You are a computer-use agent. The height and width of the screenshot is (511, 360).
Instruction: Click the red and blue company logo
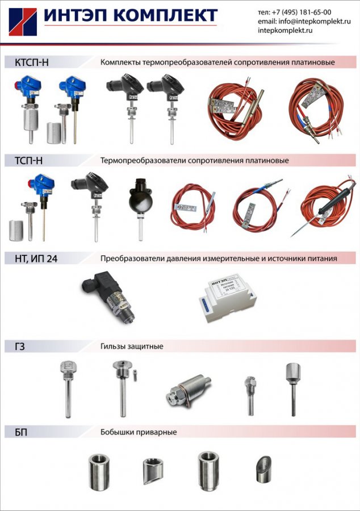tap(23, 22)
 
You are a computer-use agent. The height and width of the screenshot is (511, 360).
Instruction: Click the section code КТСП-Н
tap(32, 62)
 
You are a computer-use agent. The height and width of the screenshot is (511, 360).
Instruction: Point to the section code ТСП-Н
tap(28, 161)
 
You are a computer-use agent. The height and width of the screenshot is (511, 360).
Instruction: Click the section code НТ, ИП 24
tap(36, 259)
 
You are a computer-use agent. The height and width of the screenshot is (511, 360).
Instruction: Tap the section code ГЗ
tap(20, 346)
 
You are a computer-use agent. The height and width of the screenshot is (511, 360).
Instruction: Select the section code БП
tap(21, 432)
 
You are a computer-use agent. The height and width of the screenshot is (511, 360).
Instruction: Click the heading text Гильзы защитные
tap(132, 346)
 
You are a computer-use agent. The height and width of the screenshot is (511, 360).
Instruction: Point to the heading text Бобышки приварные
tap(139, 432)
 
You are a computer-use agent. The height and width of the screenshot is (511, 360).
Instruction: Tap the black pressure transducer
tap(109, 296)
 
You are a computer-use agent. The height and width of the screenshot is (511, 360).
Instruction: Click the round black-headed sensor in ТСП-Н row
tap(140, 208)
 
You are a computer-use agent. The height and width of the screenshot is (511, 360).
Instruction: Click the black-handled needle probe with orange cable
tap(326, 207)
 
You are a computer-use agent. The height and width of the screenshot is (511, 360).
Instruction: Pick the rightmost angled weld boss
tap(263, 470)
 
